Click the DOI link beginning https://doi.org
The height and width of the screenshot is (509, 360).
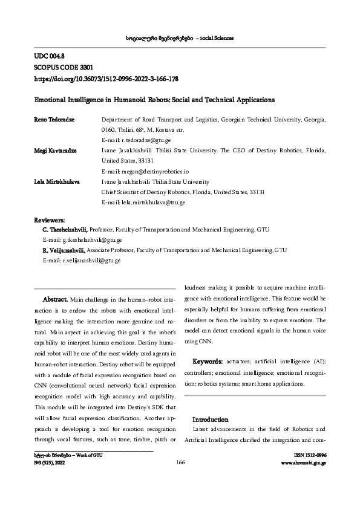click(x=105, y=79)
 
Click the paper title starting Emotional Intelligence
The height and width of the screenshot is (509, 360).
click(x=154, y=99)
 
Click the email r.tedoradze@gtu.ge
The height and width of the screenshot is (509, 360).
click(x=132, y=140)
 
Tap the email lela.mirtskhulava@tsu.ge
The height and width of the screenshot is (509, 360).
click(x=143, y=202)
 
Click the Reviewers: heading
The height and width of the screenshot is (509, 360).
click(x=50, y=221)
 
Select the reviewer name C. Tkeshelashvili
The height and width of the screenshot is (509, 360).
click(x=65, y=230)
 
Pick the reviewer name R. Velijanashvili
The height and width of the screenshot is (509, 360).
click(x=64, y=250)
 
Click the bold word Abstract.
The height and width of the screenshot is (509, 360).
click(x=56, y=299)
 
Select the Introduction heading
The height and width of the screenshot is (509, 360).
click(x=210, y=419)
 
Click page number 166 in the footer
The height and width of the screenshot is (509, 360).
click(x=180, y=462)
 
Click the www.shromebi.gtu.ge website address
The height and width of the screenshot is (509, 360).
click(x=304, y=463)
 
